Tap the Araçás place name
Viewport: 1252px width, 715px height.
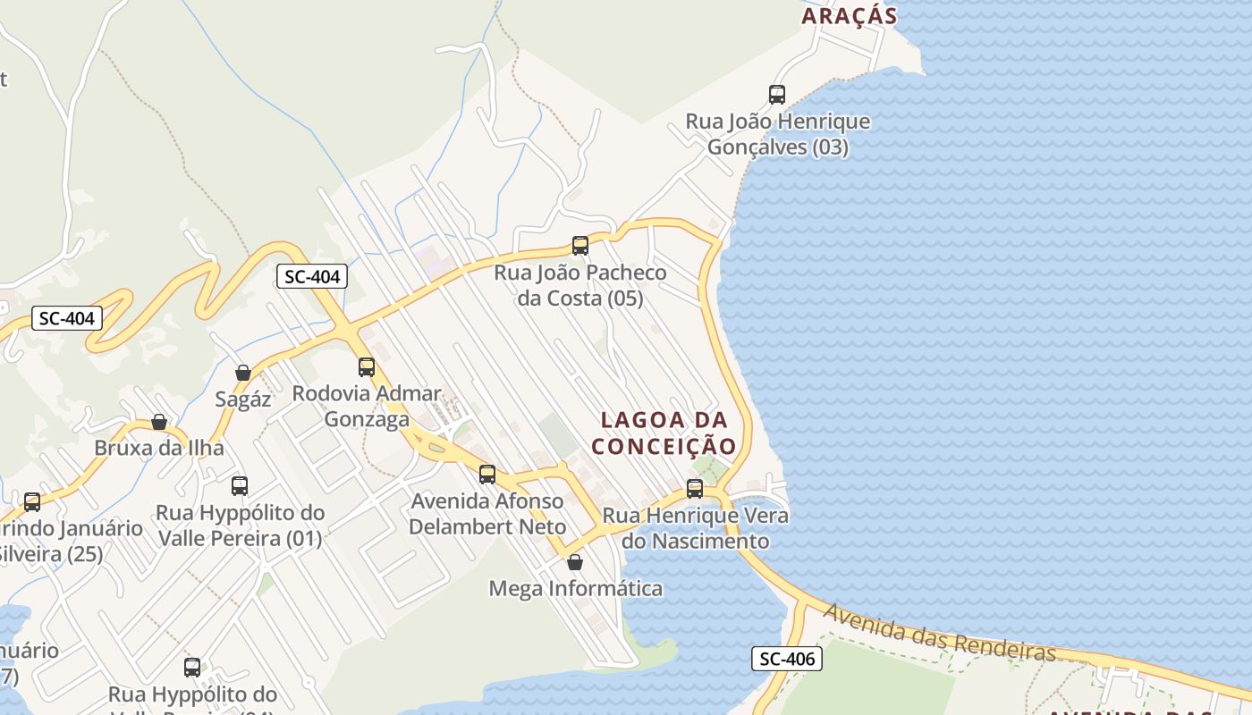click(848, 15)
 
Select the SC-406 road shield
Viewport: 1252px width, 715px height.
click(786, 660)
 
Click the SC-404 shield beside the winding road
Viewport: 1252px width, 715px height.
click(67, 318)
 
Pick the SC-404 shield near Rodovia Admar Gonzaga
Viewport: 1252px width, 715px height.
click(311, 277)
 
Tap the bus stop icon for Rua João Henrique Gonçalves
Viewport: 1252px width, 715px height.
click(777, 94)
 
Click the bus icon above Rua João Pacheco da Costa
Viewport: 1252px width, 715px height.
click(580, 245)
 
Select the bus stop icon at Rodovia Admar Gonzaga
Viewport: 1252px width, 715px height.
click(367, 366)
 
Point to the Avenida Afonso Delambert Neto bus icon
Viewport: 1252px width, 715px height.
click(487, 475)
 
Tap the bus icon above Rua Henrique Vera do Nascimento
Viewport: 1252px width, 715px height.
click(695, 488)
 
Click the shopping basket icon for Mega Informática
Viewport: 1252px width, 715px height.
click(575, 562)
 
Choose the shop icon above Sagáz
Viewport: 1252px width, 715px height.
click(243, 373)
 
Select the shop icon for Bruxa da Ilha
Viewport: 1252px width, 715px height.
click(159, 422)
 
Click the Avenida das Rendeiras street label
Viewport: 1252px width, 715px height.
click(939, 633)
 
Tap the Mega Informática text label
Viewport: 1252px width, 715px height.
click(575, 588)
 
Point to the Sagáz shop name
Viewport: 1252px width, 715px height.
click(242, 399)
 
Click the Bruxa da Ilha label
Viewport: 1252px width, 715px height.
click(159, 448)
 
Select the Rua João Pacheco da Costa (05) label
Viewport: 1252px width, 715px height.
click(580, 285)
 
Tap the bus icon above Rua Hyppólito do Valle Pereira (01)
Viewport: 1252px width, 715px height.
click(240, 486)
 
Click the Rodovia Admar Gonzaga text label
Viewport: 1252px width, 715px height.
click(367, 406)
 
